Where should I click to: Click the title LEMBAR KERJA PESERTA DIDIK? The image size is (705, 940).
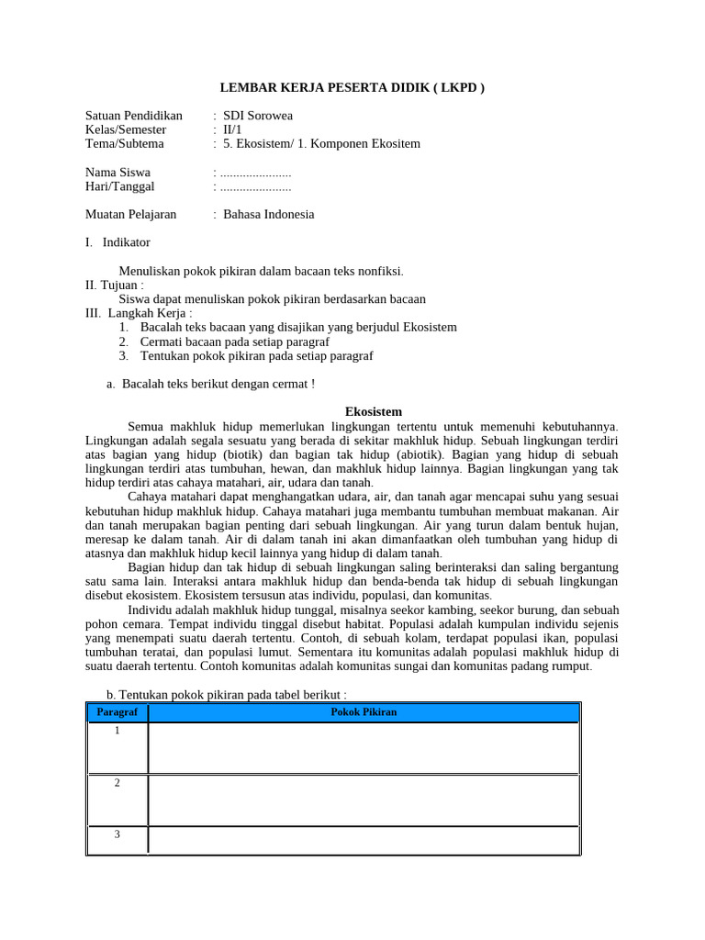click(x=352, y=88)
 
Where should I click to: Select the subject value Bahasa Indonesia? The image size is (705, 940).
click(x=268, y=214)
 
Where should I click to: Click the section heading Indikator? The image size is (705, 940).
click(x=126, y=242)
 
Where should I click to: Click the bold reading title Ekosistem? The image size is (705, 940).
click(x=373, y=411)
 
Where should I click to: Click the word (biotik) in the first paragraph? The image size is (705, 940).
click(x=241, y=453)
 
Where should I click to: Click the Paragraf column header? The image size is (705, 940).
click(x=117, y=712)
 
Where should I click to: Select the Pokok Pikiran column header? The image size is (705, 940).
click(x=363, y=712)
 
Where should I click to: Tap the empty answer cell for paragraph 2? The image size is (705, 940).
click(x=363, y=800)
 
